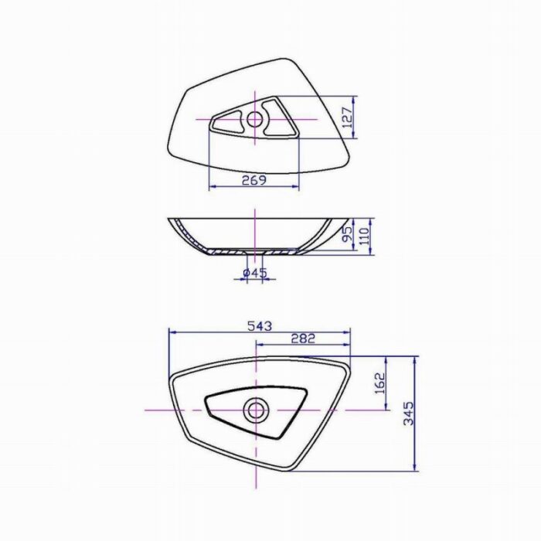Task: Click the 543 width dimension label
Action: (x=260, y=326)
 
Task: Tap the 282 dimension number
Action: (x=303, y=339)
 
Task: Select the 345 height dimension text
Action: (x=408, y=413)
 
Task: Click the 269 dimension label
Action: (x=254, y=180)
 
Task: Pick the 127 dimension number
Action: (x=349, y=117)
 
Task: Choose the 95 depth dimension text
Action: (x=348, y=233)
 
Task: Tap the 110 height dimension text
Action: (x=364, y=236)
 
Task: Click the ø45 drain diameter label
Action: (x=255, y=273)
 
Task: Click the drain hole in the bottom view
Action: (x=257, y=410)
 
